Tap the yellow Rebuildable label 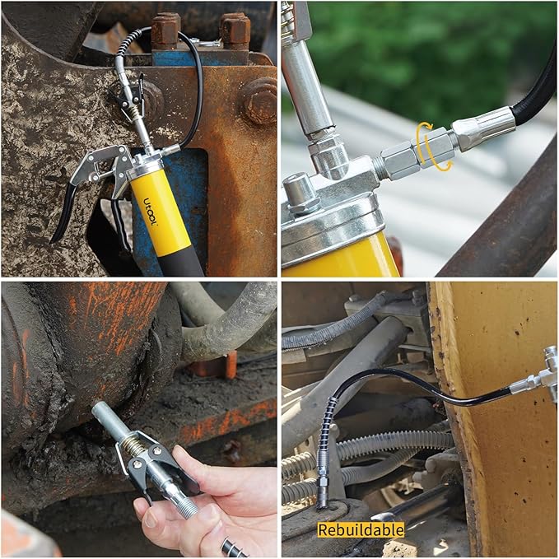click(x=361, y=529)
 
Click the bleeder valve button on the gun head click(x=300, y=189)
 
